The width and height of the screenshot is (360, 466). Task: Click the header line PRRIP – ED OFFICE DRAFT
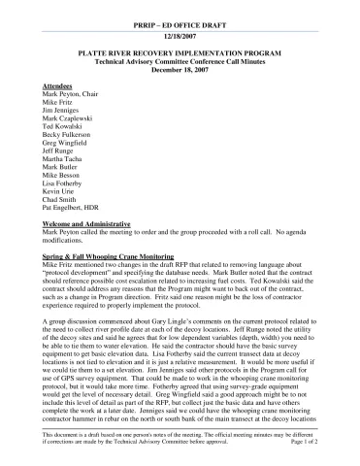[x=180, y=20]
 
